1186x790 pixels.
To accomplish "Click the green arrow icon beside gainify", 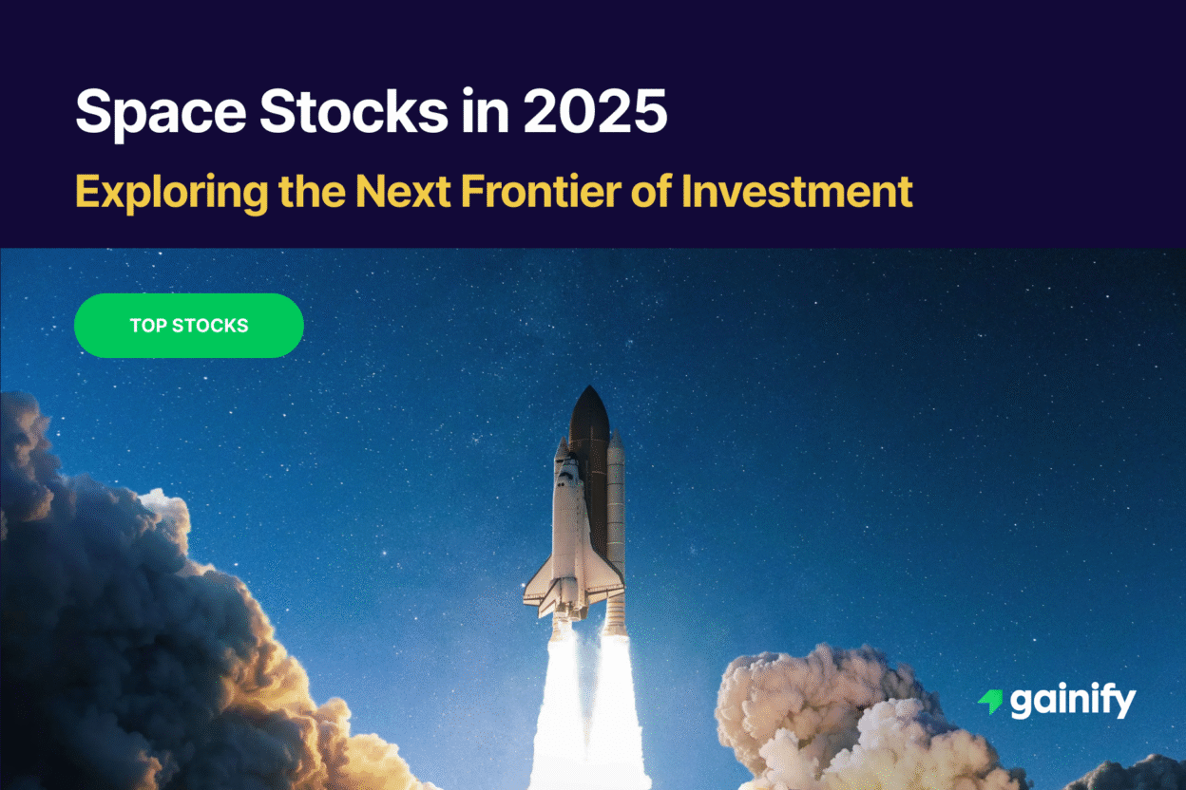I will click(x=990, y=702).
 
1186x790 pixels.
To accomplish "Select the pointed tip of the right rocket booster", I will click(x=615, y=439).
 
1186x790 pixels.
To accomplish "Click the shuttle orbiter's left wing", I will click(x=539, y=584).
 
